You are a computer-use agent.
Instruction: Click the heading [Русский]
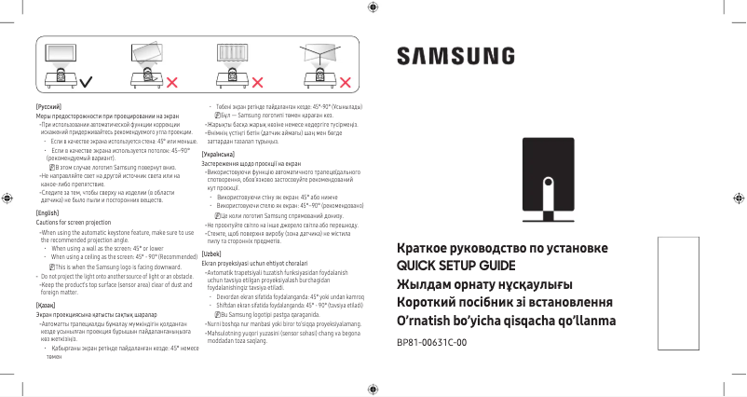pos(48,109)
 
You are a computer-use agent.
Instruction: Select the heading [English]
pos(48,212)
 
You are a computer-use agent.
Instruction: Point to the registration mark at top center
pos(373,7)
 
